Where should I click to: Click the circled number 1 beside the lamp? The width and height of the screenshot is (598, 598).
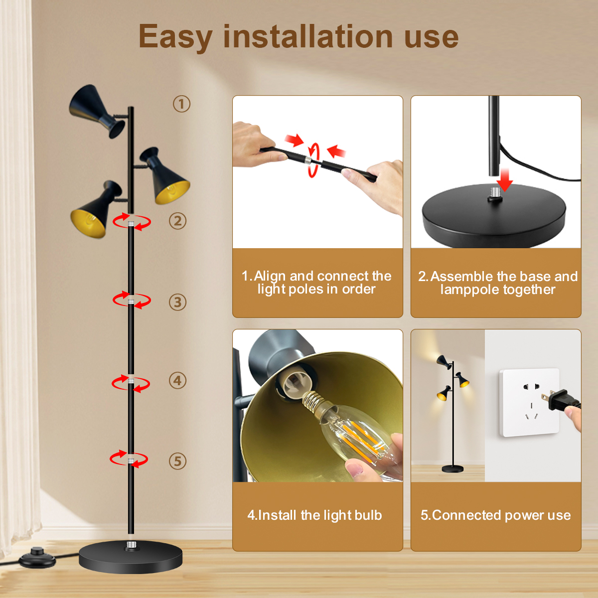pos(181,104)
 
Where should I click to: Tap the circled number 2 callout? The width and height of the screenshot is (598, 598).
pos(177,221)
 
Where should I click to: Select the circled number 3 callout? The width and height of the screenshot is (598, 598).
pos(177,302)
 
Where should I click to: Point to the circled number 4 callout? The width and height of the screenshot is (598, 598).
pos(177,380)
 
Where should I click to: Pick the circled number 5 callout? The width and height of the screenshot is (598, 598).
pos(177,461)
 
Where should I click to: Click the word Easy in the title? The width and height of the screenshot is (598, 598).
pos(175,37)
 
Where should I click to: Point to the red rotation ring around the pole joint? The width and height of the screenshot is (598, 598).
pos(313,160)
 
